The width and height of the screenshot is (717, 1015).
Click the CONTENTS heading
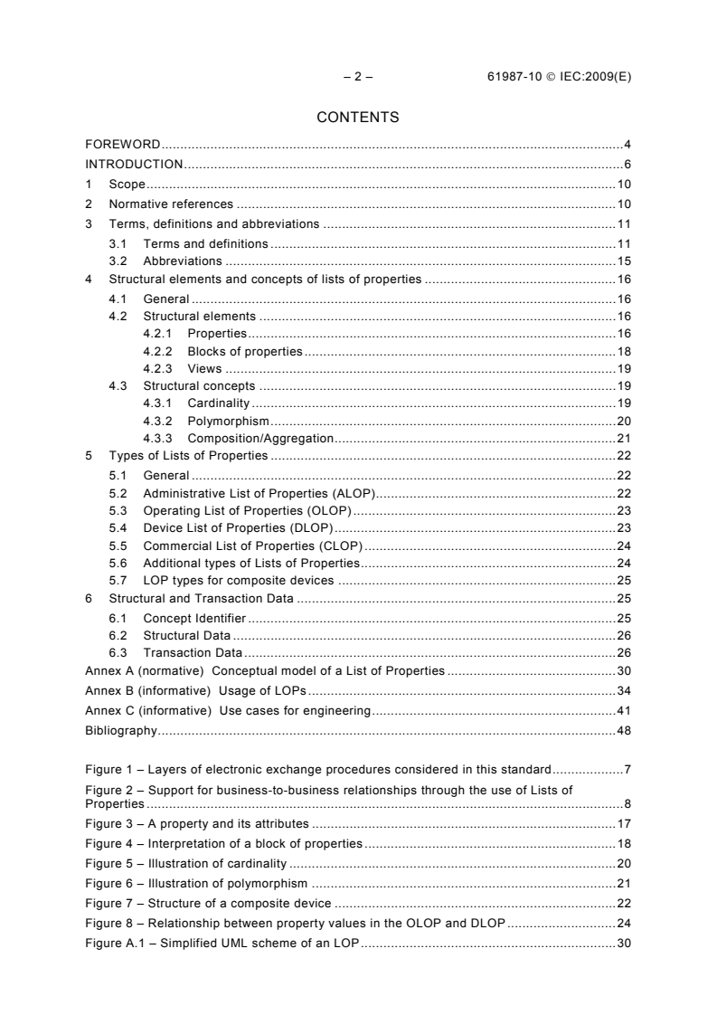(x=358, y=117)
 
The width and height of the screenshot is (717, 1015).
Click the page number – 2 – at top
(x=358, y=77)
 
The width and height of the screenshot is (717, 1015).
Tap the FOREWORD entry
(x=123, y=145)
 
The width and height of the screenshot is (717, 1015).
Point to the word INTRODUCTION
(x=134, y=164)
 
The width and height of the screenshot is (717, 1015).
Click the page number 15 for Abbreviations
(x=624, y=261)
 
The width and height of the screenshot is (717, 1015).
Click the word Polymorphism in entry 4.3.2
(x=229, y=421)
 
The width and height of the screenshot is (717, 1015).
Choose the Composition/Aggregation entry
(x=260, y=439)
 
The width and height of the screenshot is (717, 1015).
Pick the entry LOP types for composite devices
(x=239, y=581)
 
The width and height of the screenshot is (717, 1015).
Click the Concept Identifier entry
(x=194, y=618)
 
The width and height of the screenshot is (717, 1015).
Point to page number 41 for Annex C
(x=624, y=711)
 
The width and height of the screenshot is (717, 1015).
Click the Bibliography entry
(x=121, y=730)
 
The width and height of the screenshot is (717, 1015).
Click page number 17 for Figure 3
(x=624, y=824)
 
